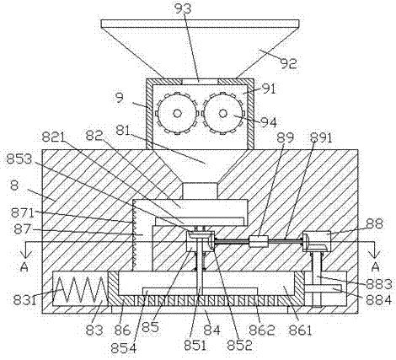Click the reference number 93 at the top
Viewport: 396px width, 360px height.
point(183,8)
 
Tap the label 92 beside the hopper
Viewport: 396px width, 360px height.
point(288,63)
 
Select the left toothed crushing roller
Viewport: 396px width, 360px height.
point(177,113)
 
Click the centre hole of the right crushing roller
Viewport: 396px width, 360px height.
point(223,113)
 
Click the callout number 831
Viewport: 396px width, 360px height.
point(24,300)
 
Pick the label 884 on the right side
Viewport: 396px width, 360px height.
point(378,300)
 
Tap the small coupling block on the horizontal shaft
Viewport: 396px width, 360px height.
point(259,241)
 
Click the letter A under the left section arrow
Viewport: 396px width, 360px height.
point(24,267)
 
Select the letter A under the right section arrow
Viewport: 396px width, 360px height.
point(375,267)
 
